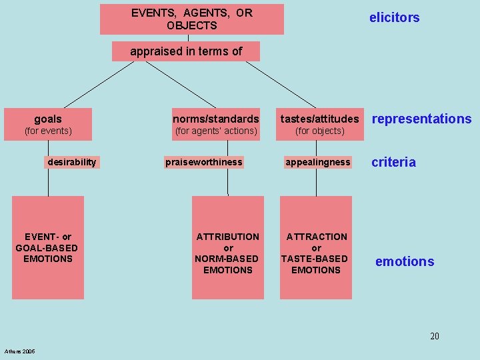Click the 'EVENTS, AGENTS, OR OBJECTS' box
pyautogui.click(x=192, y=19)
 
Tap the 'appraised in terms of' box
pyautogui.click(x=186, y=51)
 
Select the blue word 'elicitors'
pyautogui.click(x=394, y=18)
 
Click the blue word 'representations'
pyautogui.click(x=421, y=119)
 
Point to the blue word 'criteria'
pyautogui.click(x=393, y=162)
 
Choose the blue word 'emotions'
pyautogui.click(x=404, y=262)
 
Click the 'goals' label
pyautogui.click(x=48, y=119)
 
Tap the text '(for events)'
pyautogui.click(x=48, y=131)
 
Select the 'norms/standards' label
pyautogui.click(x=215, y=119)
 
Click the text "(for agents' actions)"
pyautogui.click(x=215, y=131)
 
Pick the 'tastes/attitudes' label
pyautogui.click(x=319, y=119)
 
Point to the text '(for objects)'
pyautogui.click(x=319, y=131)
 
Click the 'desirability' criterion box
pyautogui.click(x=72, y=162)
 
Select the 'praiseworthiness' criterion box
pyautogui.click(x=204, y=162)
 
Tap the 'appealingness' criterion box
pyautogui.click(x=317, y=162)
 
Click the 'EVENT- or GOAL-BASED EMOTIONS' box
pyautogui.click(x=48, y=247)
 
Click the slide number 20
pyautogui.click(x=435, y=336)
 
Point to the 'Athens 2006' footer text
pyautogui.click(x=20, y=351)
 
